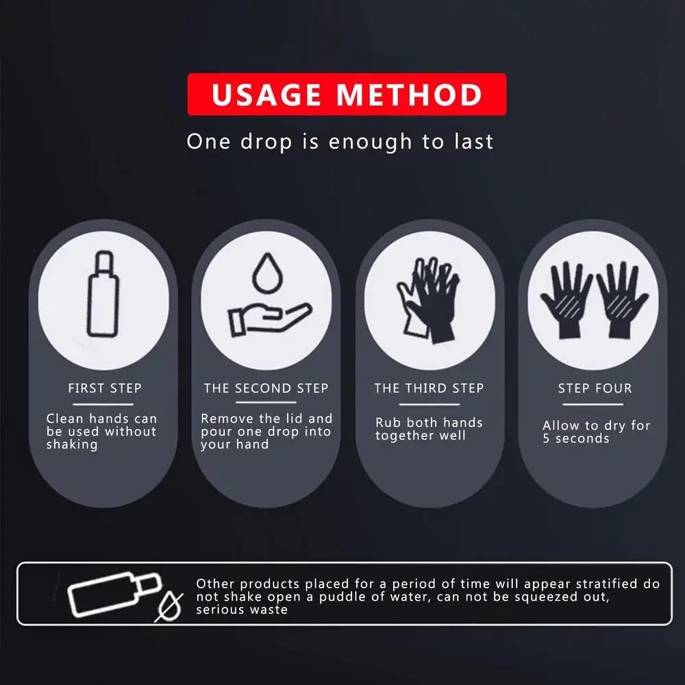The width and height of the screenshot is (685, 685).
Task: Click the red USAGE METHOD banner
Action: click(x=347, y=95)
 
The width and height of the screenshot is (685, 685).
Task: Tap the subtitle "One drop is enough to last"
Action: click(x=340, y=142)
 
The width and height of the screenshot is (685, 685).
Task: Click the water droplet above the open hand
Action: click(x=266, y=273)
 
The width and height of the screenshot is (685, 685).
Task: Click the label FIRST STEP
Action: click(x=105, y=388)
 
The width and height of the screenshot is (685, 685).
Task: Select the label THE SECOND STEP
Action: click(x=266, y=388)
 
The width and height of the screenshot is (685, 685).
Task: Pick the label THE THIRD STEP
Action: click(x=429, y=388)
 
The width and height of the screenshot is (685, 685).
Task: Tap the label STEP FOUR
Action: click(x=594, y=388)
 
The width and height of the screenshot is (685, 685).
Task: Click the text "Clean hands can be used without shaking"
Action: click(x=101, y=432)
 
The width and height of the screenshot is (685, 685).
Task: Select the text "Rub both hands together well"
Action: click(x=429, y=429)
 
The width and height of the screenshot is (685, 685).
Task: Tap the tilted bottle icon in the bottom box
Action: click(x=114, y=593)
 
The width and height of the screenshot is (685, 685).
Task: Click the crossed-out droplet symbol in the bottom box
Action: click(x=168, y=607)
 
